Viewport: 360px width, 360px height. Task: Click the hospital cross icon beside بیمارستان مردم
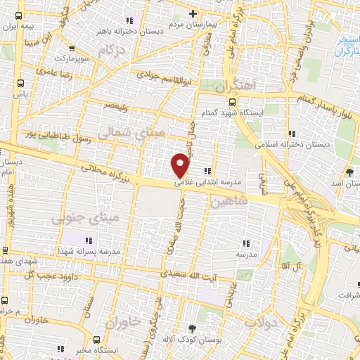pos(193,14)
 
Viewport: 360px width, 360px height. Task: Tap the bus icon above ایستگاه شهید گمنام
pos(271,100)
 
